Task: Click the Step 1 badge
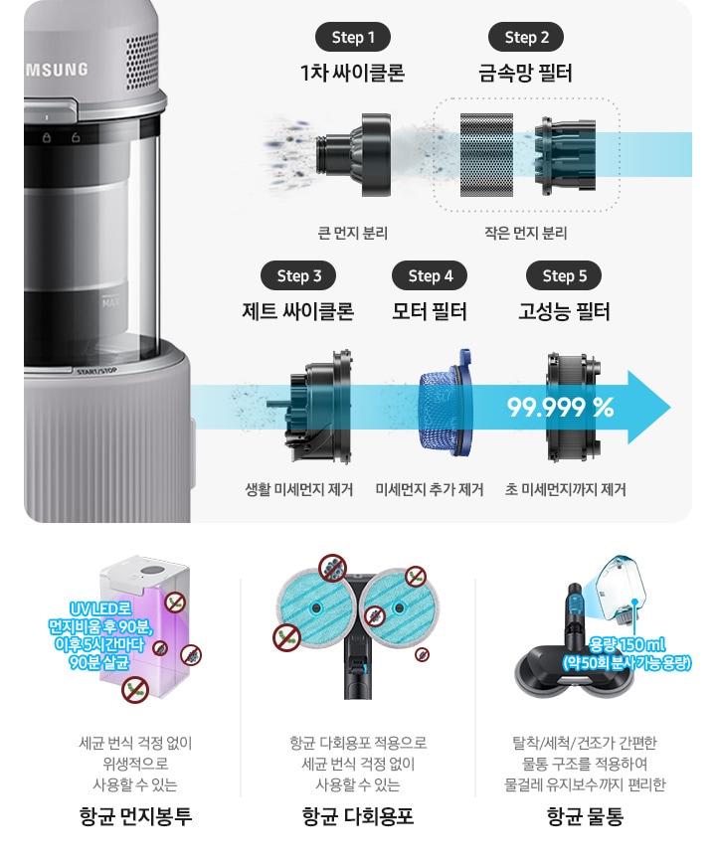(x=352, y=38)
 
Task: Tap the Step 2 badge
(x=526, y=38)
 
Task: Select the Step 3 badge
(x=298, y=275)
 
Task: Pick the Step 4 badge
(x=430, y=275)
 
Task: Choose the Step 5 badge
(x=564, y=275)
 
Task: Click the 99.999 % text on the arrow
(x=560, y=407)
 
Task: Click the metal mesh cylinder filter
(x=486, y=155)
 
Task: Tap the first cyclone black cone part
(x=355, y=154)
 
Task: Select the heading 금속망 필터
(x=525, y=74)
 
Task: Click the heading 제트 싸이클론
(x=298, y=311)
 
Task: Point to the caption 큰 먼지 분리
(x=352, y=233)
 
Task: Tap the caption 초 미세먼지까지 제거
(x=565, y=489)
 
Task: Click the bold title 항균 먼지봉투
(x=135, y=816)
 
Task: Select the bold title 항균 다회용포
(x=357, y=816)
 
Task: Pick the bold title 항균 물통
(x=585, y=816)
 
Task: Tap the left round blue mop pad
(x=316, y=606)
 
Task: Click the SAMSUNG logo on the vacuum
(x=57, y=70)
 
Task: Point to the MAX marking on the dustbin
(x=110, y=302)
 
